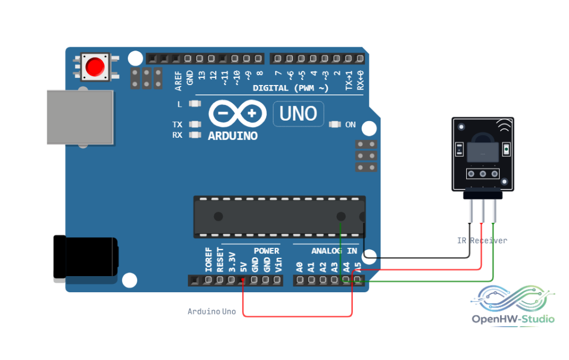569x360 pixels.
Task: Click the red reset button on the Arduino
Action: [x=95, y=67]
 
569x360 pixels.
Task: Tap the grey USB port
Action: [x=80, y=117]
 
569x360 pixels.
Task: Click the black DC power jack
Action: [x=86, y=257]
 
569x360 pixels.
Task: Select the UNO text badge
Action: [x=298, y=114]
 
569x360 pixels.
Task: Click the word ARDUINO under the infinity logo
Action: [x=233, y=136]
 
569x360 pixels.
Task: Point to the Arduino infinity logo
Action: [x=237, y=113]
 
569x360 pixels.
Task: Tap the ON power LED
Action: [x=335, y=124]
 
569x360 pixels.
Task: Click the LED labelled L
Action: [x=195, y=104]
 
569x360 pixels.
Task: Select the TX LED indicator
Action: [x=195, y=124]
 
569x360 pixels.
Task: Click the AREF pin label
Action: [x=178, y=81]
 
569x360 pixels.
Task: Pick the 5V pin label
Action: [x=243, y=267]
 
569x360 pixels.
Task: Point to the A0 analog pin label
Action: [x=300, y=267]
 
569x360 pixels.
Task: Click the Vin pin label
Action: [x=278, y=264]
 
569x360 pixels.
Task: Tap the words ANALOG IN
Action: [x=334, y=251]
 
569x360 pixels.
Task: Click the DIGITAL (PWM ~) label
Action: [x=290, y=88]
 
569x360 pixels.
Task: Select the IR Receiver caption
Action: [x=482, y=241]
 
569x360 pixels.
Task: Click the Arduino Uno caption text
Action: [x=212, y=311]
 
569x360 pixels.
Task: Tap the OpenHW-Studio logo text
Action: [x=513, y=319]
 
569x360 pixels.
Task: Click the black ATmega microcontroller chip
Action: [x=279, y=217]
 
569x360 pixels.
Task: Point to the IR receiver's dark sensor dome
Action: [x=483, y=138]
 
